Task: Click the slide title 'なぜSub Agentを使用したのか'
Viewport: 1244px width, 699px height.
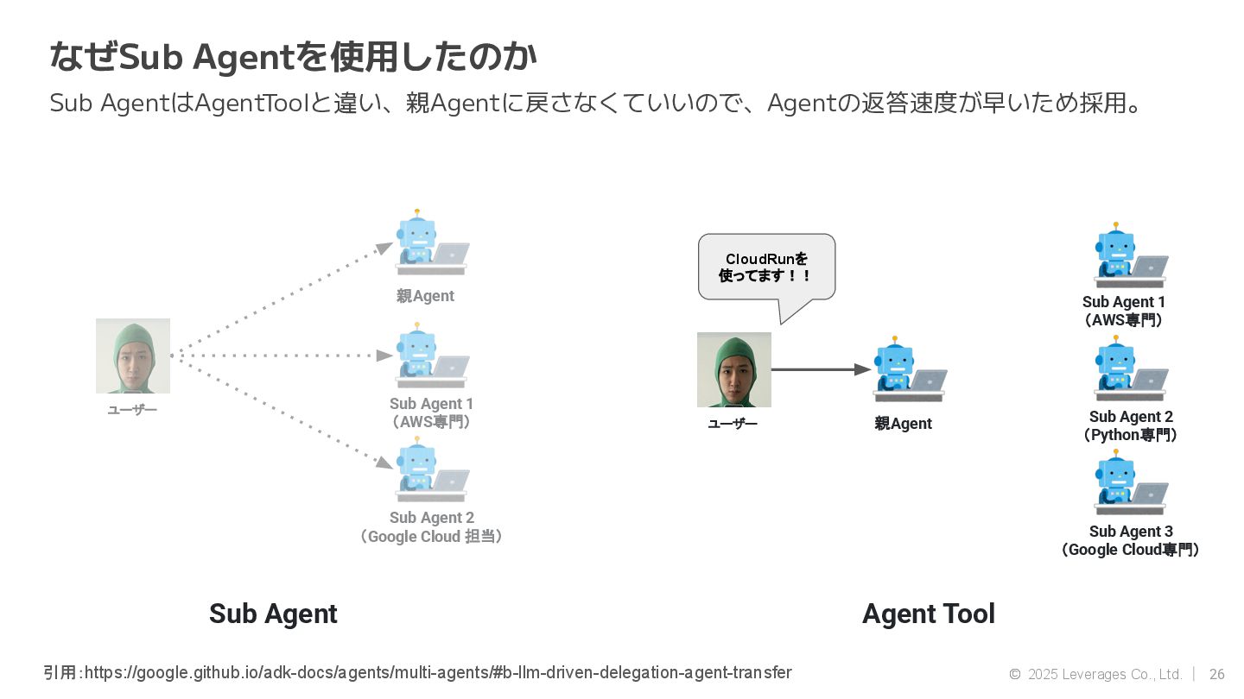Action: click(293, 58)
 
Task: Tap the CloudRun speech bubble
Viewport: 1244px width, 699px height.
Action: click(766, 268)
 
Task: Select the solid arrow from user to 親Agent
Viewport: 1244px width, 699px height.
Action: click(820, 369)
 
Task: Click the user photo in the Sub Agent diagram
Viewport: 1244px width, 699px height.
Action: click(133, 356)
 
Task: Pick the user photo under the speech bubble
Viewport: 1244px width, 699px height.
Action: click(734, 369)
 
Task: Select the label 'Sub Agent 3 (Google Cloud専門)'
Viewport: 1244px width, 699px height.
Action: click(1130, 541)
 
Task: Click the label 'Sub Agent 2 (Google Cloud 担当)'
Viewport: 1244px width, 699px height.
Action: click(431, 527)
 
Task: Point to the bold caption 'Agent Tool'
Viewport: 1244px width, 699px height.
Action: click(928, 614)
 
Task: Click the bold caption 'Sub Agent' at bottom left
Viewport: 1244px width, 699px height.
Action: click(273, 614)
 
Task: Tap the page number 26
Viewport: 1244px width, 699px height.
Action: click(1216, 674)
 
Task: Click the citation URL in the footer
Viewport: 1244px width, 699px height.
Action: click(437, 672)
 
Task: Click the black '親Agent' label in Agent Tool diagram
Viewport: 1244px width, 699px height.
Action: click(903, 424)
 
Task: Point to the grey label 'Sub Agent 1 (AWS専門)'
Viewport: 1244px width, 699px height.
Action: click(431, 412)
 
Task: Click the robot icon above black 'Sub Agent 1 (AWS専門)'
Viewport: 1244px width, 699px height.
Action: click(1130, 256)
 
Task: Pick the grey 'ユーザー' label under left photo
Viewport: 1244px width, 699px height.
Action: click(132, 410)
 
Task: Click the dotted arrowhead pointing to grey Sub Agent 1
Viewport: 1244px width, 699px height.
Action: click(385, 356)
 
